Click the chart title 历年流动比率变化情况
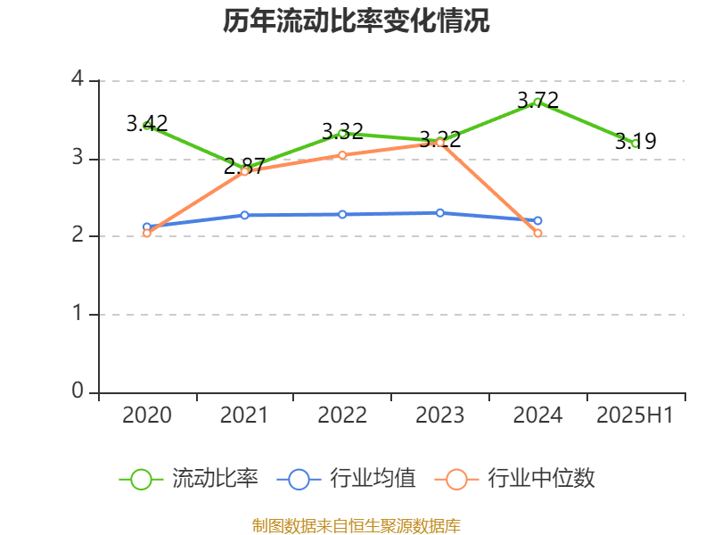(356, 21)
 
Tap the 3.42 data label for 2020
(147, 123)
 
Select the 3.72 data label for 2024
(538, 99)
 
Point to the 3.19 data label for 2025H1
(635, 141)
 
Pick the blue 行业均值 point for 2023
(440, 212)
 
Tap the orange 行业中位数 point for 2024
(537, 234)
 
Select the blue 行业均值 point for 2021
(244, 215)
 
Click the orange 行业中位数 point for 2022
(342, 155)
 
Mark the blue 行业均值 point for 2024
(537, 220)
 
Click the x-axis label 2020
(147, 416)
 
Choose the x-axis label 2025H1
(635, 416)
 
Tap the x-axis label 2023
(440, 416)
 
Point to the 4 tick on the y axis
(78, 80)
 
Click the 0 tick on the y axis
(78, 392)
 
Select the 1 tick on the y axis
(78, 315)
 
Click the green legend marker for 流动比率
(141, 479)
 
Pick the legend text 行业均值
(373, 479)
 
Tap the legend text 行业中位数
(541, 479)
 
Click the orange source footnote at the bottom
(356, 524)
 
